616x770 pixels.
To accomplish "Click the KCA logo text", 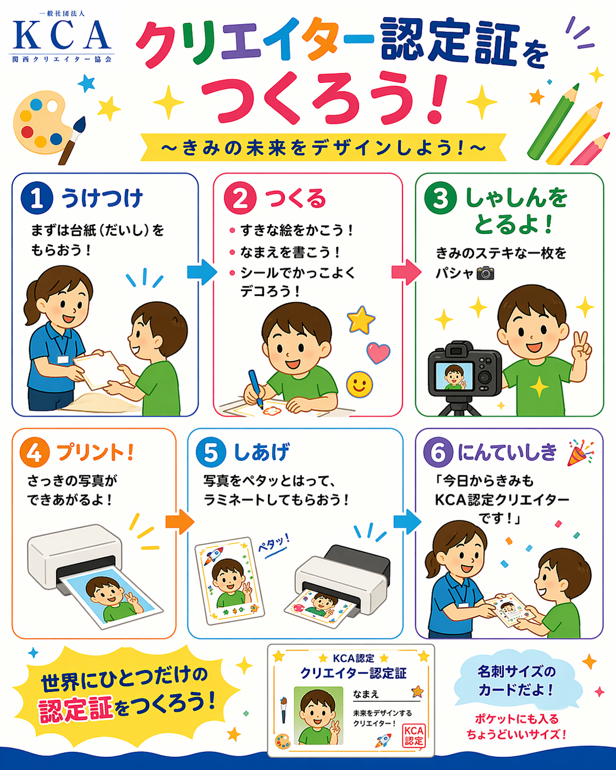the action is coord(61,35).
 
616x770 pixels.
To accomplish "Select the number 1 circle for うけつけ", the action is coord(36,198).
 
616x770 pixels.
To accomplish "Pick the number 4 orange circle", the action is coord(35,452).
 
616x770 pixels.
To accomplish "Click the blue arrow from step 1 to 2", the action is coord(202,272).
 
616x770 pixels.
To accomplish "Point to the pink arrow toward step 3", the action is coord(406,272).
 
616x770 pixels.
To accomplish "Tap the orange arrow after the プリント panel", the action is coord(180,522).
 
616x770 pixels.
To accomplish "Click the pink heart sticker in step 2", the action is coord(378,353).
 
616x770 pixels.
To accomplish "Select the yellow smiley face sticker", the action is coord(359,384).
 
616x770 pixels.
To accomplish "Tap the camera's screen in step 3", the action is coord(454,376).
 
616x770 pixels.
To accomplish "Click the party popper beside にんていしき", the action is coord(580,453).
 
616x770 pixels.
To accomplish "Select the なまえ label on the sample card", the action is coord(366,694).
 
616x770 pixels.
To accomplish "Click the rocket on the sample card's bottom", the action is coord(383,740).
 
